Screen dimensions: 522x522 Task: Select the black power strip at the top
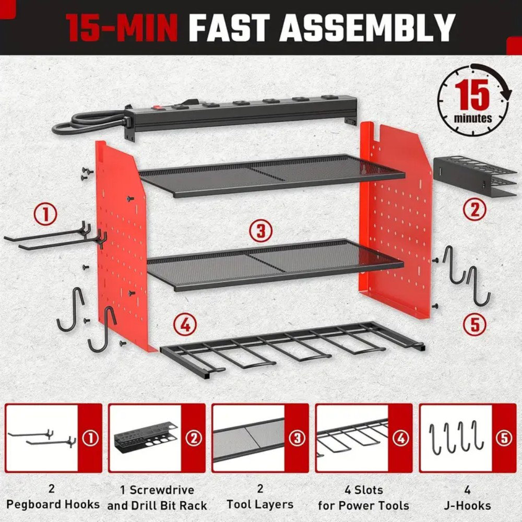(x=240, y=111)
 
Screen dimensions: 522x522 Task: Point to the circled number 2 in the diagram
(x=474, y=210)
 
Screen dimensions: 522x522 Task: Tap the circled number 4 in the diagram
(x=185, y=326)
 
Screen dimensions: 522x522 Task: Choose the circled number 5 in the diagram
(x=474, y=324)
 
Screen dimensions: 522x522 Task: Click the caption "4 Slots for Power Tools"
(x=363, y=497)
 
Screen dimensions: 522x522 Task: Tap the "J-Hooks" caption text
(x=467, y=505)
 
